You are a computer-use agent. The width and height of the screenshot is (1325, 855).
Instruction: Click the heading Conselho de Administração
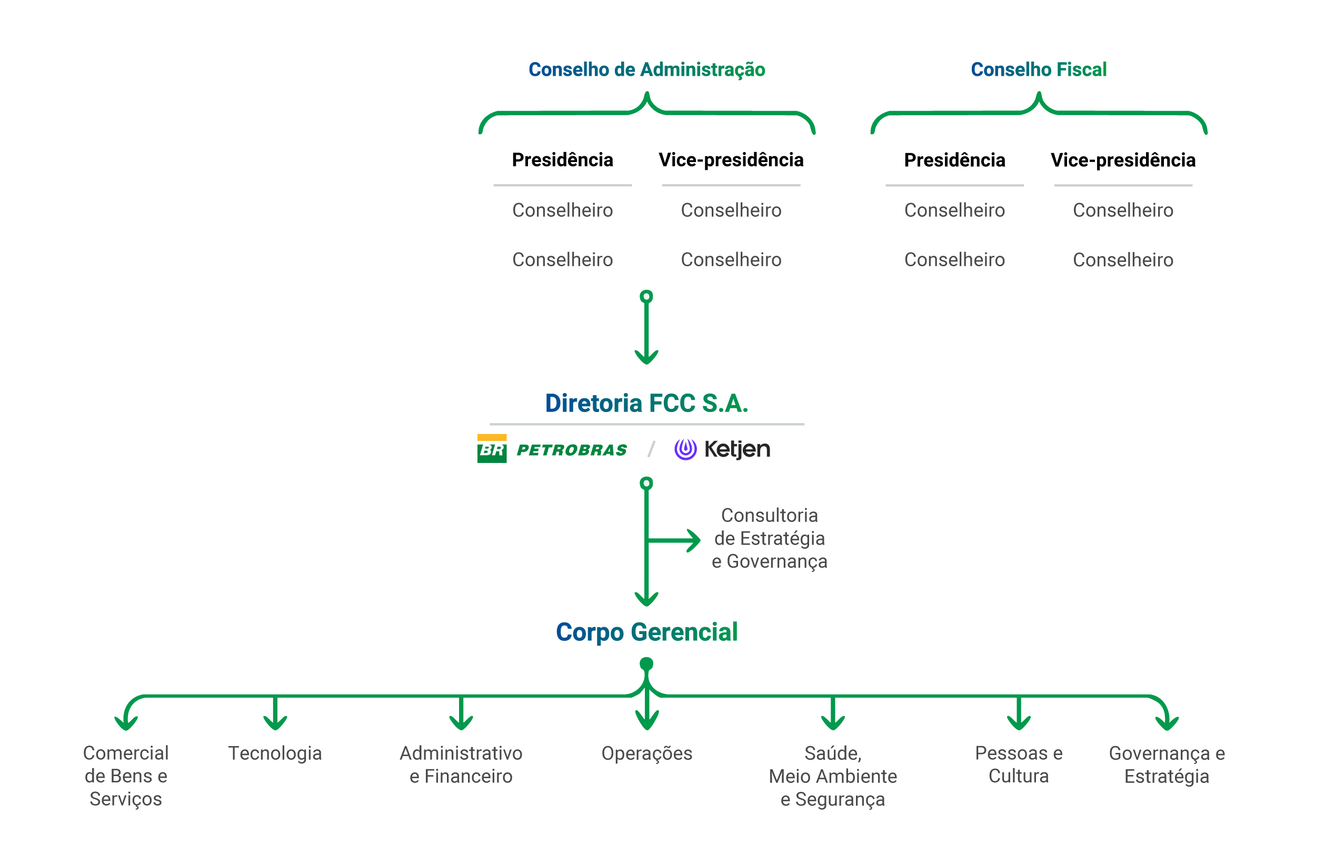point(646,69)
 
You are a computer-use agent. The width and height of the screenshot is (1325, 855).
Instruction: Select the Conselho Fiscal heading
point(1039,69)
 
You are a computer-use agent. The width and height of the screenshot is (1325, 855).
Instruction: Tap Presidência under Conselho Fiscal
point(954,160)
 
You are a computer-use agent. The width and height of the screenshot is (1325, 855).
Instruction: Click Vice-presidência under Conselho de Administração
point(731,160)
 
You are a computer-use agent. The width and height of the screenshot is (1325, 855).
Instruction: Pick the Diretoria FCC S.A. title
point(646,403)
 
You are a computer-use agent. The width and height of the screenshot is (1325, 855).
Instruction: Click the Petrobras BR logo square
point(492,449)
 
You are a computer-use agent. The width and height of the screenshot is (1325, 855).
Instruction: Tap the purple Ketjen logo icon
point(685,449)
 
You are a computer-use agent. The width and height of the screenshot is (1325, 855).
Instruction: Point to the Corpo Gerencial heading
point(646,632)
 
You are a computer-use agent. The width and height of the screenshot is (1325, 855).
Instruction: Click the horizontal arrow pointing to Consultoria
point(675,540)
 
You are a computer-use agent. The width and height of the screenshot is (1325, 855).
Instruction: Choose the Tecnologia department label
point(275,753)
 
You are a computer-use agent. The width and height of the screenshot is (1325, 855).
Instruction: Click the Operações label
point(646,753)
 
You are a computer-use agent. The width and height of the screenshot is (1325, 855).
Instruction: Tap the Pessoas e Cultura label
point(1019,764)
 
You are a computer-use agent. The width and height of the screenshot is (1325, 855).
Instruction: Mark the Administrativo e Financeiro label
point(461,764)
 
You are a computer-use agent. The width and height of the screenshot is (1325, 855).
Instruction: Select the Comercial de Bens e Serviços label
point(125,776)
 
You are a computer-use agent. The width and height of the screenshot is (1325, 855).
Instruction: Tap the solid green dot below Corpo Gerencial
point(646,663)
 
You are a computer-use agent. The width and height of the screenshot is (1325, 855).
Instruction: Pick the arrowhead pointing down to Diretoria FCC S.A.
point(646,357)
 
